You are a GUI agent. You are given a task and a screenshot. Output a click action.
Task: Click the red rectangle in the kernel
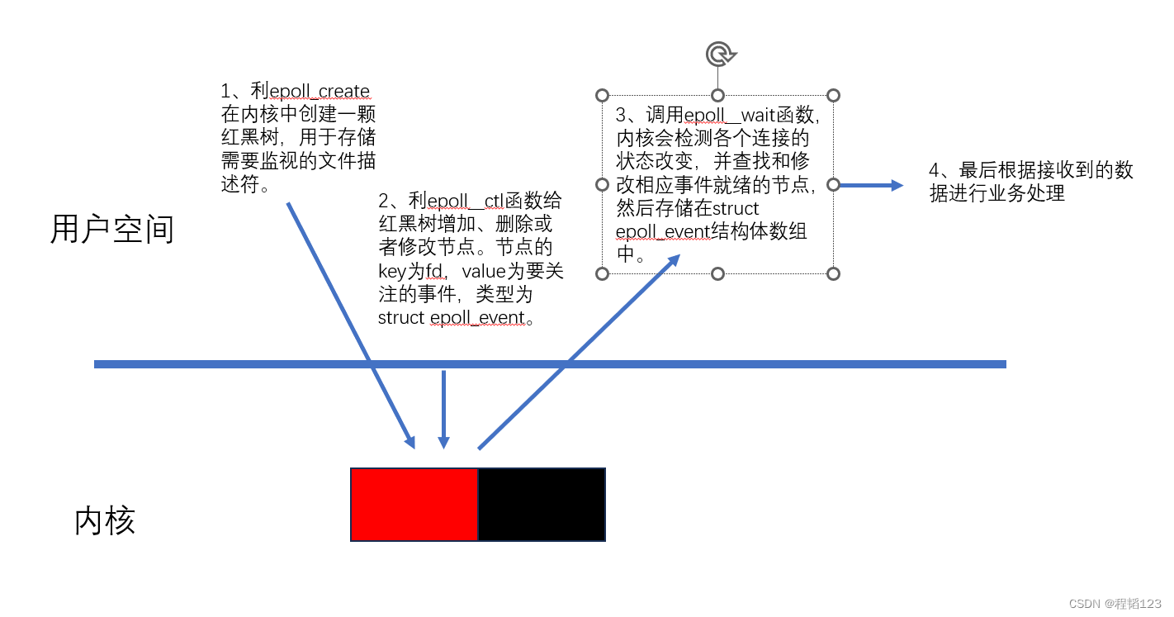click(414, 505)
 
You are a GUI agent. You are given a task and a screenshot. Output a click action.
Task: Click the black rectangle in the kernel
click(542, 505)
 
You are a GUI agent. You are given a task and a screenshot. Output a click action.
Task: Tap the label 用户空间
click(112, 229)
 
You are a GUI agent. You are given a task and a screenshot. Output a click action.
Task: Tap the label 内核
click(105, 520)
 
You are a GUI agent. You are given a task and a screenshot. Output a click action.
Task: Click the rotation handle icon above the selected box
click(721, 55)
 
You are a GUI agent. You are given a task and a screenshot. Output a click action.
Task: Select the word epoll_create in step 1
click(320, 91)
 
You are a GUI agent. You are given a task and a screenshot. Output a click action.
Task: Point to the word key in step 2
click(392, 272)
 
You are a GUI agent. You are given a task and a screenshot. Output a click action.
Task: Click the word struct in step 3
click(735, 208)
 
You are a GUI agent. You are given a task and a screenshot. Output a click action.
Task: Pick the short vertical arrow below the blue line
click(444, 410)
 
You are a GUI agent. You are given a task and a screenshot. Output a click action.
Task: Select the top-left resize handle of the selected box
click(602, 96)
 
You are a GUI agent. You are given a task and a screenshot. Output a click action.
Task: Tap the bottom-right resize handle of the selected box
click(833, 273)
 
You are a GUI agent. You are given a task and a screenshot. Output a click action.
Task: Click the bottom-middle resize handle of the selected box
click(718, 273)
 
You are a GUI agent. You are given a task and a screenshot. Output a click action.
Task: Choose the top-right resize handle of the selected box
click(833, 96)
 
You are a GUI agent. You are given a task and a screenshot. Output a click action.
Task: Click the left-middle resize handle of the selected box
click(602, 184)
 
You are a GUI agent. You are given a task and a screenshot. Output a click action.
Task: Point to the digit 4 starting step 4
click(934, 170)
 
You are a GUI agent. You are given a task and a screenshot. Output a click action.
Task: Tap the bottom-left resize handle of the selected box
click(602, 273)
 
